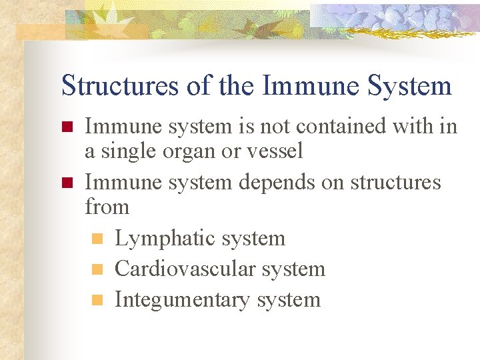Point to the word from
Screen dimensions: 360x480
click(x=107, y=207)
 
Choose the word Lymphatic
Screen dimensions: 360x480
click(x=161, y=239)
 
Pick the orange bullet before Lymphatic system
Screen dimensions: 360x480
click(x=96, y=239)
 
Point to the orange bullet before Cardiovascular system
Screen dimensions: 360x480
click(x=96, y=269)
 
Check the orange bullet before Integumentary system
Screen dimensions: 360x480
click(x=96, y=300)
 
